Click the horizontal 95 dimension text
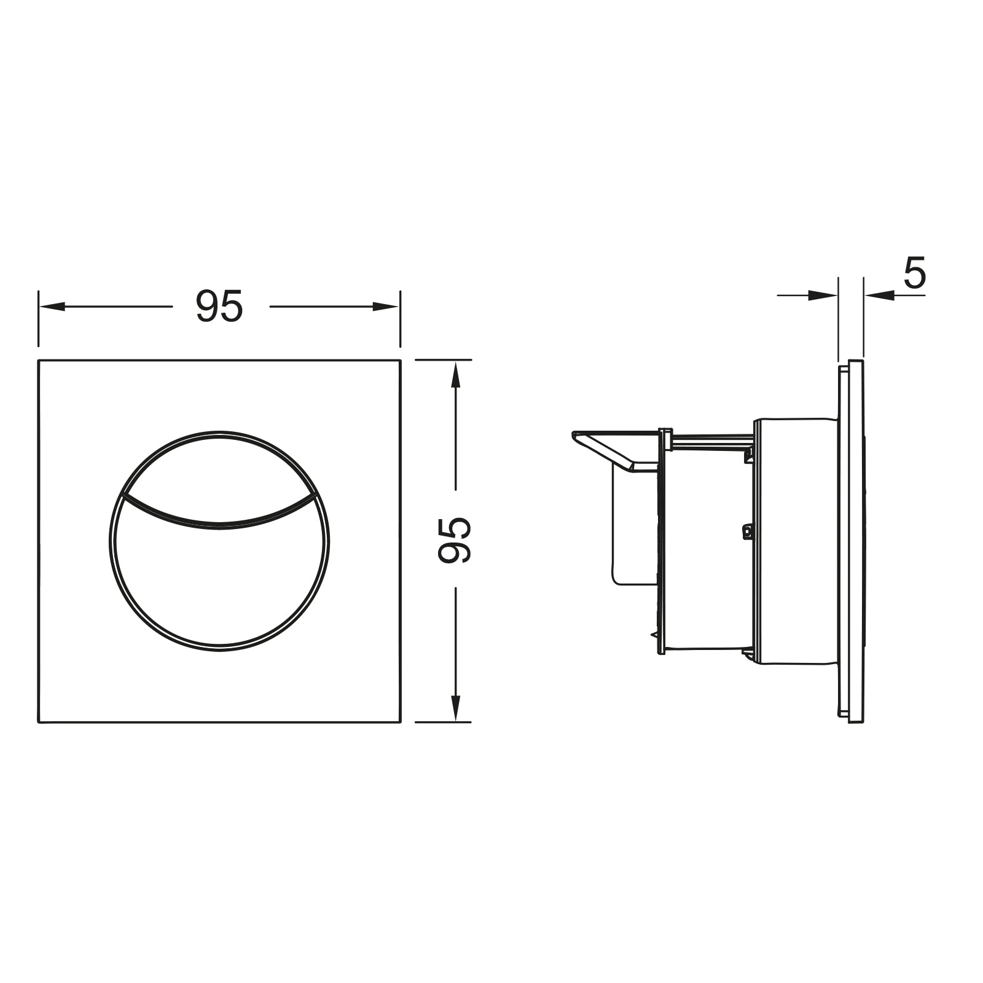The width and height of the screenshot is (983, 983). point(219,307)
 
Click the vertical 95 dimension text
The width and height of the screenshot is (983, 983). point(455,539)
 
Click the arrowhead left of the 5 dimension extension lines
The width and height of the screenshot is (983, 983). point(824,296)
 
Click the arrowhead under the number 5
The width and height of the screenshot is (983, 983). point(879,296)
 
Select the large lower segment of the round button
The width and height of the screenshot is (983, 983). point(219,584)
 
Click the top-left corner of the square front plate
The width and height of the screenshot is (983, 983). point(39,360)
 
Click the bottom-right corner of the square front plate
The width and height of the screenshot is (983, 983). point(400,722)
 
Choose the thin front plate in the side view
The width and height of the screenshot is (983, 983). point(856,541)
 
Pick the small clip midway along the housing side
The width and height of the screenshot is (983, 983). point(747,531)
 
